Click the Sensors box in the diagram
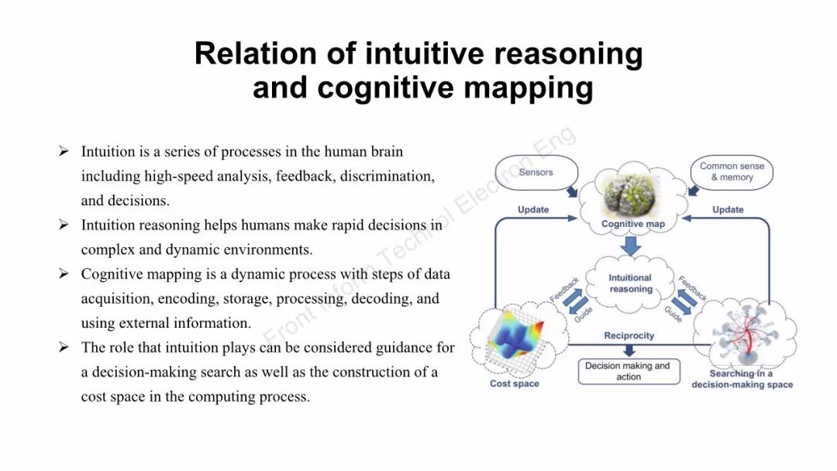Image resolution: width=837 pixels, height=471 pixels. pyautogui.click(x=536, y=172)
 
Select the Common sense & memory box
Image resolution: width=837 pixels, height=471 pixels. pyautogui.click(x=732, y=171)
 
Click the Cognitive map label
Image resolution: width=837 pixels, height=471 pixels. pyautogui.click(x=633, y=224)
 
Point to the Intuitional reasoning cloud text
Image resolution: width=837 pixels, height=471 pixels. pyautogui.click(x=630, y=283)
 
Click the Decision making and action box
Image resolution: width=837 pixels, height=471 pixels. pyautogui.click(x=628, y=371)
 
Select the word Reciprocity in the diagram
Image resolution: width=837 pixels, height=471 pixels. pyautogui.click(x=629, y=335)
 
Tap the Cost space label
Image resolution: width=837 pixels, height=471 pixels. pyautogui.click(x=515, y=383)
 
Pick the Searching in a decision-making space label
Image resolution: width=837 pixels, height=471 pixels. pyautogui.click(x=742, y=379)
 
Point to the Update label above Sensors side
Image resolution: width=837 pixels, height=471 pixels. pyautogui.click(x=533, y=209)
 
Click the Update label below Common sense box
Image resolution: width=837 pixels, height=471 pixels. pyautogui.click(x=728, y=209)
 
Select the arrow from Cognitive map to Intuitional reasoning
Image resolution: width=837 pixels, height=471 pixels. pyautogui.click(x=632, y=246)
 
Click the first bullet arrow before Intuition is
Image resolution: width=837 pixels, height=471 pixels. pyautogui.click(x=64, y=151)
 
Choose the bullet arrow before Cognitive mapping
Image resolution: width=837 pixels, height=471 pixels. pyautogui.click(x=64, y=274)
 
